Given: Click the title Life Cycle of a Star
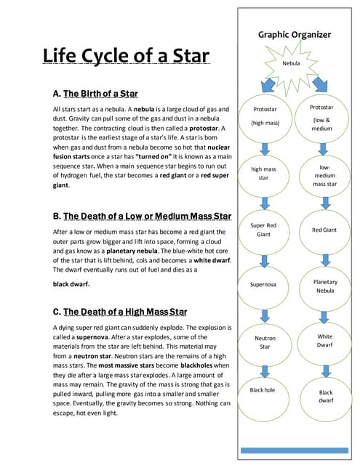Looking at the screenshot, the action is [x=127, y=57].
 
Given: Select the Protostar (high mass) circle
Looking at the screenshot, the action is [x=263, y=116].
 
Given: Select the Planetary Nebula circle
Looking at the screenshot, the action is [x=324, y=286].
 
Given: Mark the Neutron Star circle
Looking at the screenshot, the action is [x=263, y=341].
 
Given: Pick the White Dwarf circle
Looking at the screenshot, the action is [x=324, y=341].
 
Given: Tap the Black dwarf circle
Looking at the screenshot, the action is [x=325, y=396].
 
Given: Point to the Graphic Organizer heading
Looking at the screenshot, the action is [x=295, y=35].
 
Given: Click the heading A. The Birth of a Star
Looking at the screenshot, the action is [x=95, y=94].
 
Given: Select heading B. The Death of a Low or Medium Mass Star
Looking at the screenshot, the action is [x=143, y=217].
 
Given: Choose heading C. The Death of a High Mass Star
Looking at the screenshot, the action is [x=120, y=312].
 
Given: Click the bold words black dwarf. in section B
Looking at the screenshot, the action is [x=72, y=284].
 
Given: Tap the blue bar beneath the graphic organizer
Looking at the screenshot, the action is [x=294, y=450].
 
